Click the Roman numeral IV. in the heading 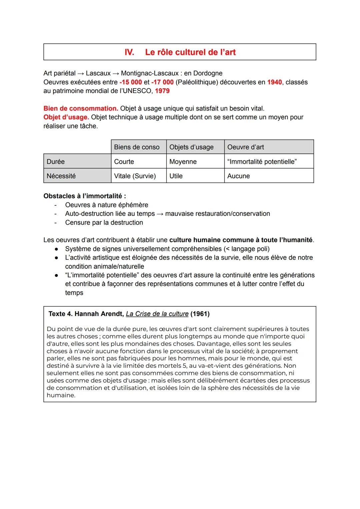pyautogui.click(x=129, y=52)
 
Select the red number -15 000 pyautogui.click(x=131, y=82)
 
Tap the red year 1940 pyautogui.click(x=274, y=82)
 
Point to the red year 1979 pyautogui.click(x=162, y=91)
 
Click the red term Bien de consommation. pyautogui.click(x=81, y=108)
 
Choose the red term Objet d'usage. pyautogui.click(x=66, y=117)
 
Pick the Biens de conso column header pyautogui.click(x=137, y=147)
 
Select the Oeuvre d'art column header pyautogui.click(x=245, y=147)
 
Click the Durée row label pyautogui.click(x=56, y=162)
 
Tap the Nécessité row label pyautogui.click(x=61, y=176)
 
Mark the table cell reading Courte pyautogui.click(x=124, y=162)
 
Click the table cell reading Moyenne pyautogui.click(x=183, y=162)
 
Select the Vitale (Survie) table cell pyautogui.click(x=135, y=176)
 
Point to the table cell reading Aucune pyautogui.click(x=238, y=176)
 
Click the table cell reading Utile pyautogui.click(x=176, y=176)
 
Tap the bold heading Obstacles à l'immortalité pyautogui.click(x=85, y=196)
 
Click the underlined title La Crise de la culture pyautogui.click(x=157, y=314)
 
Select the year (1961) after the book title pyautogui.click(x=200, y=314)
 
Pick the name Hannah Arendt pyautogui.click(x=99, y=314)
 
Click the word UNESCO pyautogui.click(x=138, y=91)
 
